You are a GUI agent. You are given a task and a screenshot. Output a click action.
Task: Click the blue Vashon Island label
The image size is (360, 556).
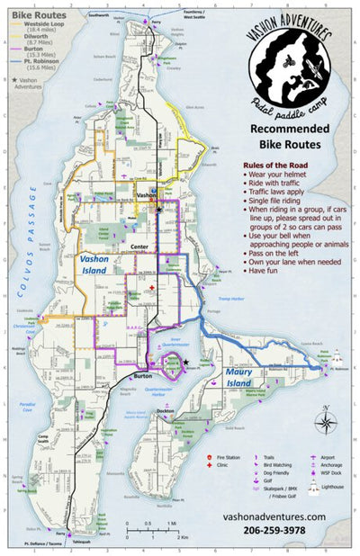[x=97, y=264]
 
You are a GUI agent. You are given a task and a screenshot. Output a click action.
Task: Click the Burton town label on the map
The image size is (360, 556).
[x=143, y=375]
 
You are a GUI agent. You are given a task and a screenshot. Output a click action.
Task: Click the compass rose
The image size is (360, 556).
[x=326, y=421]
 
